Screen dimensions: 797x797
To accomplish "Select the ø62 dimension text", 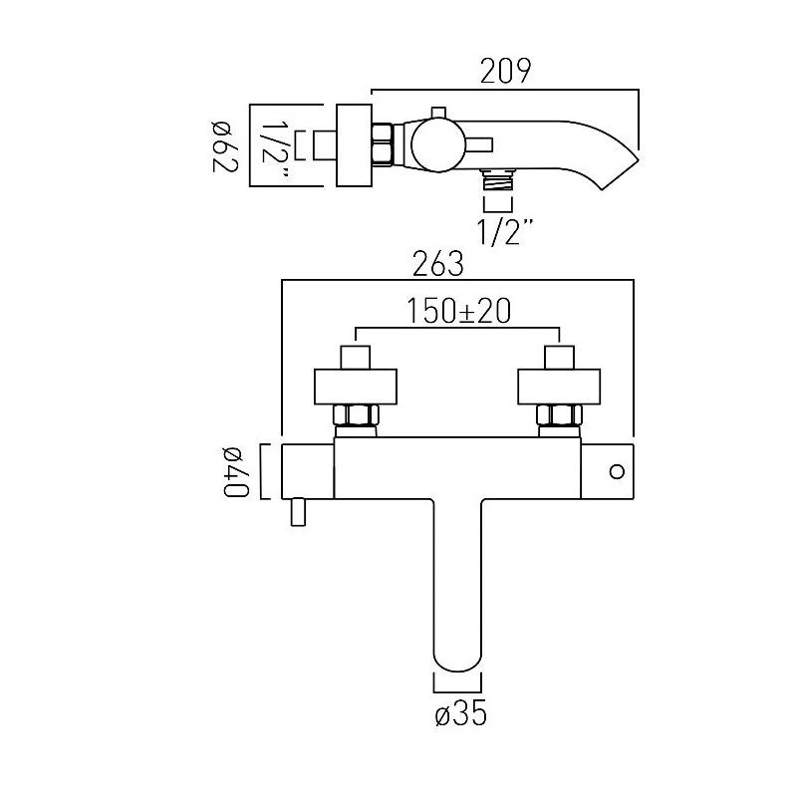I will pos(222,144).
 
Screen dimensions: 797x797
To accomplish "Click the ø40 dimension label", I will pos(237,471).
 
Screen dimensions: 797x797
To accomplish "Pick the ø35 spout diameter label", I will pos(459,713).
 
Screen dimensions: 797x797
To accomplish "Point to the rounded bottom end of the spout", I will pos(458,663).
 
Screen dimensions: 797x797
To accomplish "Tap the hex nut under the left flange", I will pos(358,415).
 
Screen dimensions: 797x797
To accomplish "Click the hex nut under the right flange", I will pos(558,415).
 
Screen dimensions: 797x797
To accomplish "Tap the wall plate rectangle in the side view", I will pos(353,144).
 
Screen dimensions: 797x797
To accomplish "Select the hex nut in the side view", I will pos(382,145).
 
